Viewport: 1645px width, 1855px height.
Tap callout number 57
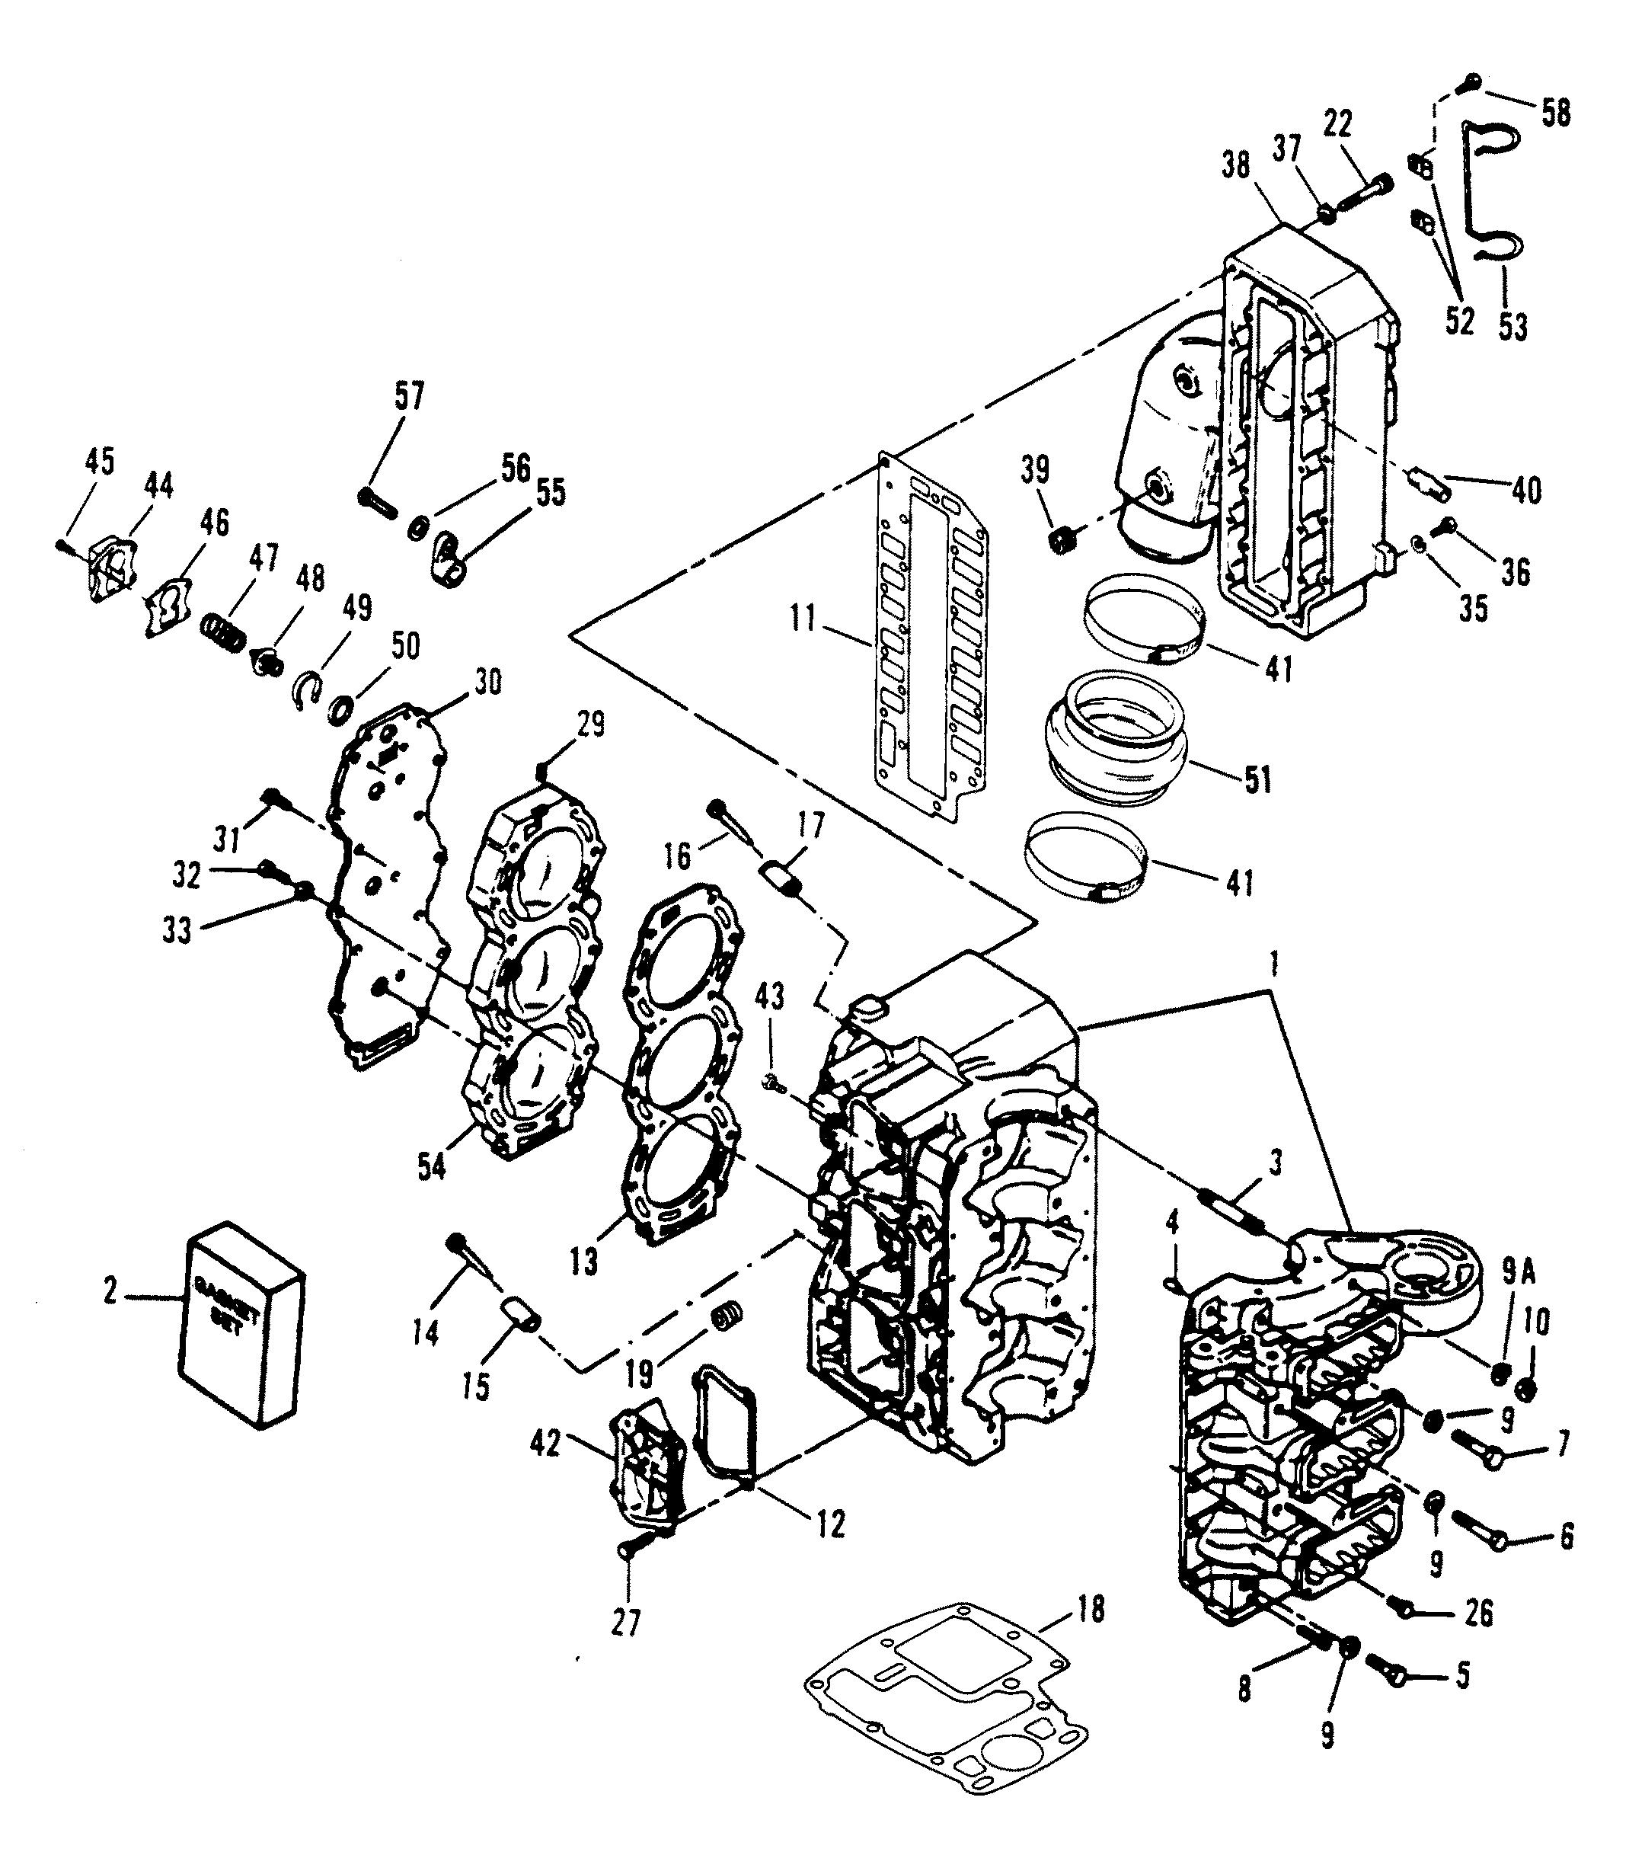click(x=408, y=397)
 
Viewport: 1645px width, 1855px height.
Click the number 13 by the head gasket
click(x=584, y=1261)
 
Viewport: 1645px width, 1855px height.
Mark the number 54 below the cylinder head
click(x=432, y=1167)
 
